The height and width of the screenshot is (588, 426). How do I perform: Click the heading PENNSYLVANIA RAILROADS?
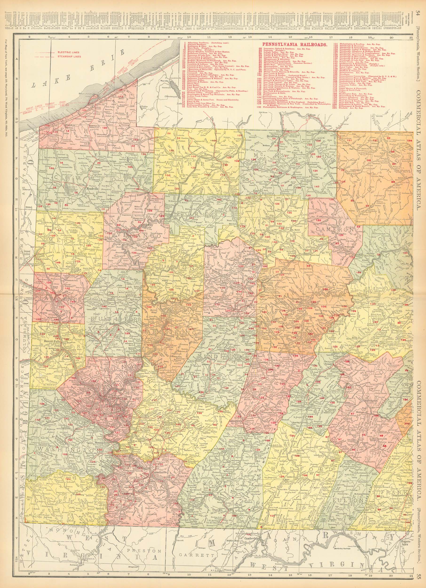(x=295, y=44)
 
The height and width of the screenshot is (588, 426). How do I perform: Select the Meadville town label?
(x=91, y=188)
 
